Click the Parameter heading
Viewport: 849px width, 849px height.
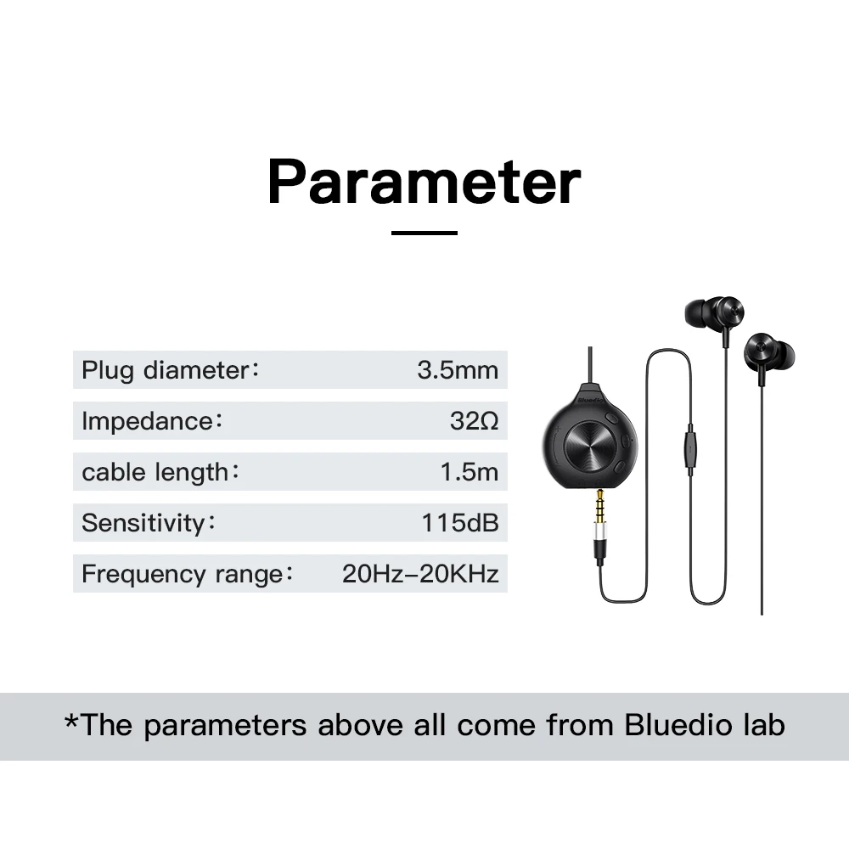point(424,182)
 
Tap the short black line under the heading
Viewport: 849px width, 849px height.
point(424,233)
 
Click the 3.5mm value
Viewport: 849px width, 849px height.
point(457,370)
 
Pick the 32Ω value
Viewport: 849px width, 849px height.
point(474,421)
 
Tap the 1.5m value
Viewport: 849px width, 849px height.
point(469,472)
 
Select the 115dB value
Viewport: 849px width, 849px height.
point(459,523)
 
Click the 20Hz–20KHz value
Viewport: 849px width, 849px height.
point(419,574)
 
